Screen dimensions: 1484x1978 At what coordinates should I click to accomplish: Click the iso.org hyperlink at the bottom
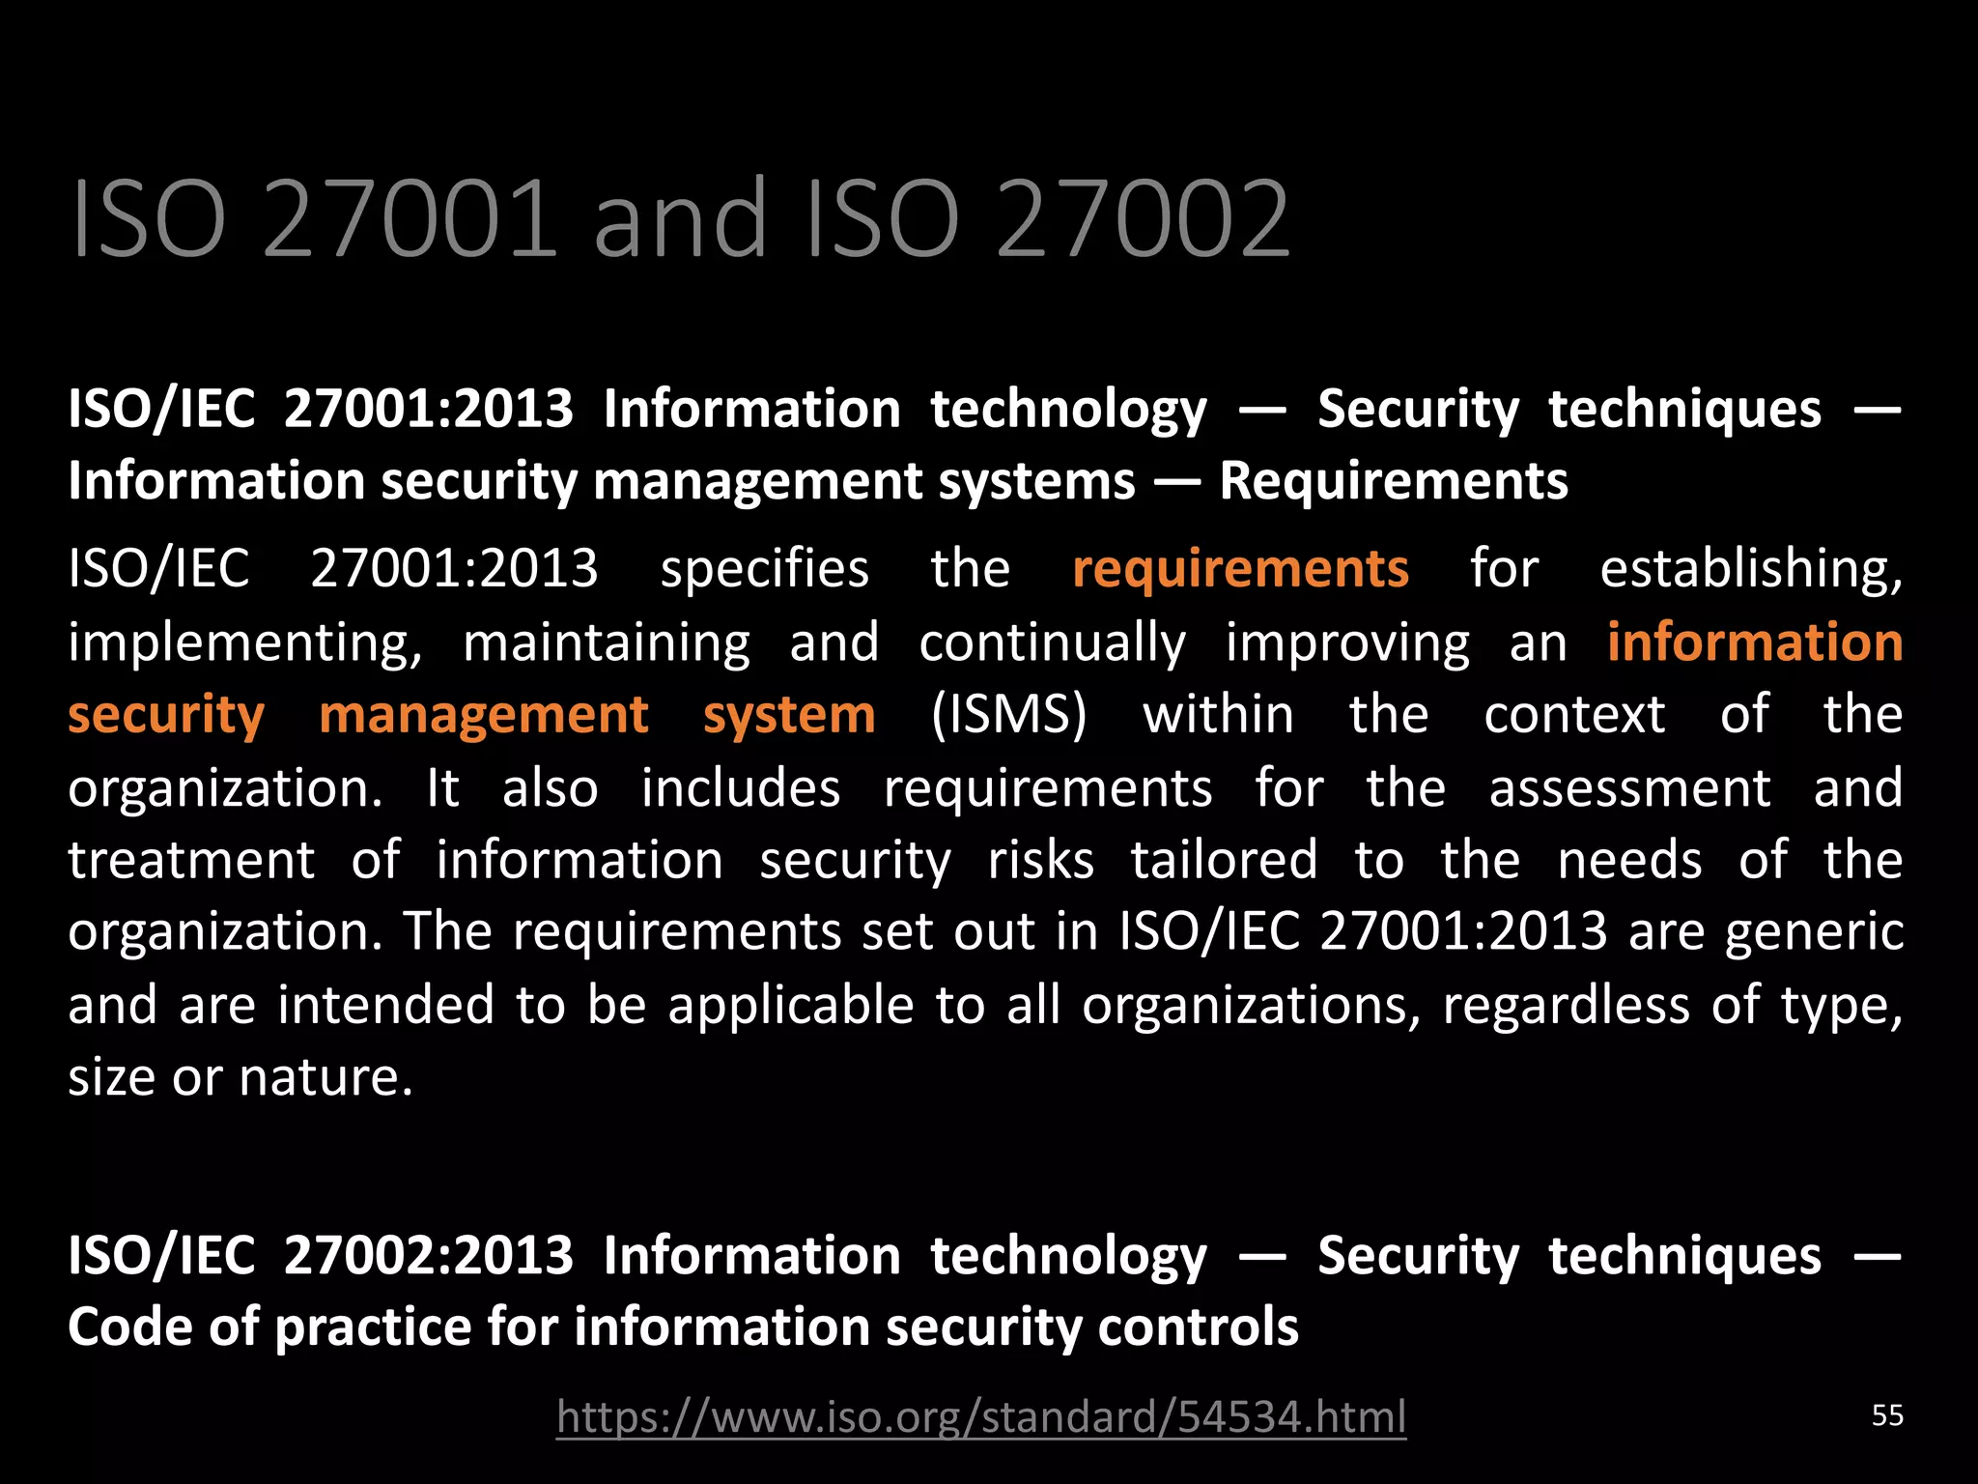coord(980,1417)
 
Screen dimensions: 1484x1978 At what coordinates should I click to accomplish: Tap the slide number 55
coord(1887,1415)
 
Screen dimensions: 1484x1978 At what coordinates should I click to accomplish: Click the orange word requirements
coord(1240,569)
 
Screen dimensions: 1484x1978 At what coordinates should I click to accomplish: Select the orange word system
coord(789,716)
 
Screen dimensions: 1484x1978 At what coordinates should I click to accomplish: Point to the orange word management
coord(483,716)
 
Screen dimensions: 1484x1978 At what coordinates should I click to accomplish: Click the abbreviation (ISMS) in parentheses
coord(1008,715)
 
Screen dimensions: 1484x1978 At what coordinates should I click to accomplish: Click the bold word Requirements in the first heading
coord(1393,481)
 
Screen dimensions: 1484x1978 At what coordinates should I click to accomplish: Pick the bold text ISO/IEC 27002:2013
coord(321,1255)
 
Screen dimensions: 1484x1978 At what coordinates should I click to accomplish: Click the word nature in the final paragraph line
coord(325,1077)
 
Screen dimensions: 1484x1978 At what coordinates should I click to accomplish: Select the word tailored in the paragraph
coord(1224,860)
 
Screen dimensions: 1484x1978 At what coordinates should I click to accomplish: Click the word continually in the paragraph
coord(1052,643)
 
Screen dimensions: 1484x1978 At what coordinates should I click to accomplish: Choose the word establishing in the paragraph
coord(1750,569)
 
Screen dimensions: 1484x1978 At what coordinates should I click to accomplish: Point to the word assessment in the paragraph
coord(1629,788)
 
